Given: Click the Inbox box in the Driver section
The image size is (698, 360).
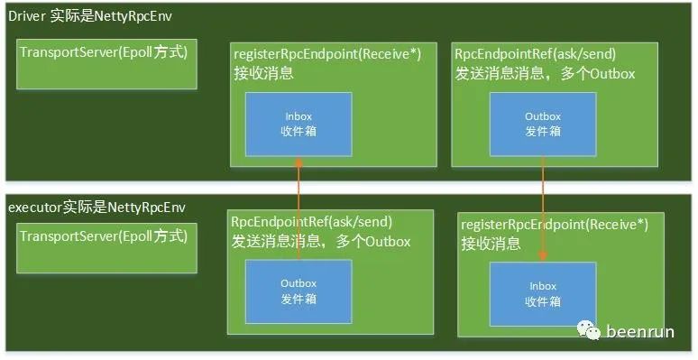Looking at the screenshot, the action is tap(298, 125).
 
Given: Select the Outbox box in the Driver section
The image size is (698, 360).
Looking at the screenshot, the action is tap(543, 125).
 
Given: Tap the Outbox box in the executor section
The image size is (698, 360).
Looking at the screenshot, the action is tap(298, 291).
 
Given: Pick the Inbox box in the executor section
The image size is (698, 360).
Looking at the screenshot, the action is tap(543, 294).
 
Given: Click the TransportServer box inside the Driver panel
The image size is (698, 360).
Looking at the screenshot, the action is tap(106, 64).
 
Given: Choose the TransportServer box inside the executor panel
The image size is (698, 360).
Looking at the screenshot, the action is tap(106, 248).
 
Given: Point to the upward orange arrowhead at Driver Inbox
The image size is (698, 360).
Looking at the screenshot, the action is tap(298, 162).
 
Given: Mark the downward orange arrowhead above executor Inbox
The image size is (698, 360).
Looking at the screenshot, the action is tap(543, 255).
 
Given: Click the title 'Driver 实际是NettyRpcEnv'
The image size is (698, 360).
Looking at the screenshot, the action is tap(90, 16).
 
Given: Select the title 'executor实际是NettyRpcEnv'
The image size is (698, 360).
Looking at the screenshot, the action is tap(97, 208).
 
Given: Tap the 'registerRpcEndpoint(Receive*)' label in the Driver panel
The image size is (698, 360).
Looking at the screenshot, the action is tap(327, 54).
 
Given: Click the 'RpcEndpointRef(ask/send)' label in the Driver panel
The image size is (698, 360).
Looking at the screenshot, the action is tap(535, 54).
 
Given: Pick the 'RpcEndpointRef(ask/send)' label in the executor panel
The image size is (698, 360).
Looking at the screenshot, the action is tap(312, 221).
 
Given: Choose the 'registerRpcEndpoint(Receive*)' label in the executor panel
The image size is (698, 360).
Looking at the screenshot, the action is tap(555, 225).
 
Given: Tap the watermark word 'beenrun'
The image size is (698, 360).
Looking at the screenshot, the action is tap(640, 331).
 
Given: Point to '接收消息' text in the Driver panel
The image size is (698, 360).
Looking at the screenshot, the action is tap(264, 73).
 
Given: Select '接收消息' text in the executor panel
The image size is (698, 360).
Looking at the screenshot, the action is tap(491, 244).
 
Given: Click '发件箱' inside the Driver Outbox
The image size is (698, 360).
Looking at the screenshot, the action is tap(543, 132).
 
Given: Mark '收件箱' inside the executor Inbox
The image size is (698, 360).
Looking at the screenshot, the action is tap(543, 301).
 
